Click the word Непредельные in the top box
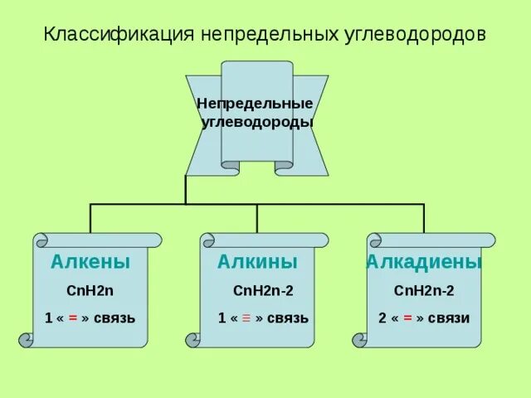click(255, 104)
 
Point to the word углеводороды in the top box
click(257, 122)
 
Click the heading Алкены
click(90, 262)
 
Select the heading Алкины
click(257, 262)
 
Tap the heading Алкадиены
click(424, 262)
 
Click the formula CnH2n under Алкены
click(90, 290)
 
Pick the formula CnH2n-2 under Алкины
click(263, 290)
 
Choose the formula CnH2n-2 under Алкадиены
click(424, 290)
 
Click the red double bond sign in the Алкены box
click(73, 318)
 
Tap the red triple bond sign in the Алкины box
click(246, 318)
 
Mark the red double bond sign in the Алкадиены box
click(408, 318)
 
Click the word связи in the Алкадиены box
click(451, 318)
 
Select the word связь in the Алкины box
click(288, 318)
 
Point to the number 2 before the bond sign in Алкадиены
click(382, 318)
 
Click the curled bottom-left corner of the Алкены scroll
click(27, 339)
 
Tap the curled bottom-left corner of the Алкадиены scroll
click(360, 339)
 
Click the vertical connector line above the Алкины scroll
click(257, 218)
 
